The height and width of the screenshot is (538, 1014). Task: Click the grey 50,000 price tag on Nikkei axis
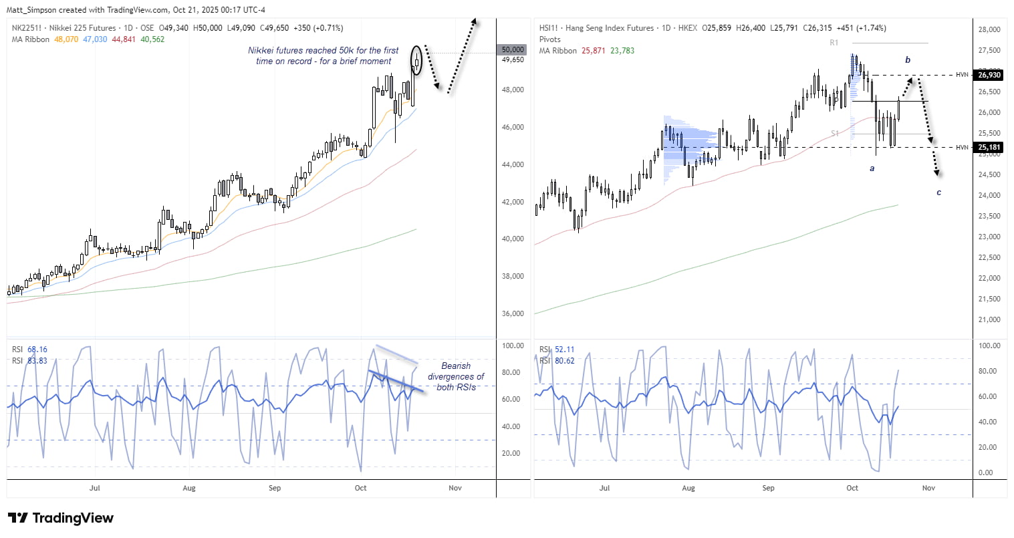(x=513, y=50)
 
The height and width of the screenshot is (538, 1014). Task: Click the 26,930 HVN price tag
(x=989, y=75)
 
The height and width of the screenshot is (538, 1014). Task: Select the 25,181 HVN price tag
(x=989, y=147)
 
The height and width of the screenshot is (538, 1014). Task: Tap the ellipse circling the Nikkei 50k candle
(x=417, y=60)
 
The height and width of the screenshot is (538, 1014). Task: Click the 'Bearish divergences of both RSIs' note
(x=456, y=376)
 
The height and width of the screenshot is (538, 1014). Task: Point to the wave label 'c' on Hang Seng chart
(x=938, y=192)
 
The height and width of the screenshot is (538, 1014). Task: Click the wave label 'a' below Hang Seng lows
(x=872, y=169)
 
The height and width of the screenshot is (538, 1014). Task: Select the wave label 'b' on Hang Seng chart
(x=908, y=60)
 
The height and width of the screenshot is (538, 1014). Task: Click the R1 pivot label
(x=834, y=43)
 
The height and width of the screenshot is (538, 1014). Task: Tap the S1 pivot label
(x=835, y=134)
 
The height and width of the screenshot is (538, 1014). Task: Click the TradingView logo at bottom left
(x=61, y=518)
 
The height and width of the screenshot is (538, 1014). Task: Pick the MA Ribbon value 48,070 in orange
(x=66, y=39)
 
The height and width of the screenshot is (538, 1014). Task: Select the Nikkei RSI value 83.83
(x=37, y=361)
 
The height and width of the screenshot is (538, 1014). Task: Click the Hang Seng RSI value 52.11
(x=565, y=350)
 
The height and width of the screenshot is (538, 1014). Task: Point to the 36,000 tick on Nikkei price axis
(x=513, y=313)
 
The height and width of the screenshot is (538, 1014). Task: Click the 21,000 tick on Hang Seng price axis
(x=989, y=319)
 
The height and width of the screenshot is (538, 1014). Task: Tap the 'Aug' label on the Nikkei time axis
(x=189, y=488)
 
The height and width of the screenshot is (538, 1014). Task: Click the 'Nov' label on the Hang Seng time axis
(x=928, y=488)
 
